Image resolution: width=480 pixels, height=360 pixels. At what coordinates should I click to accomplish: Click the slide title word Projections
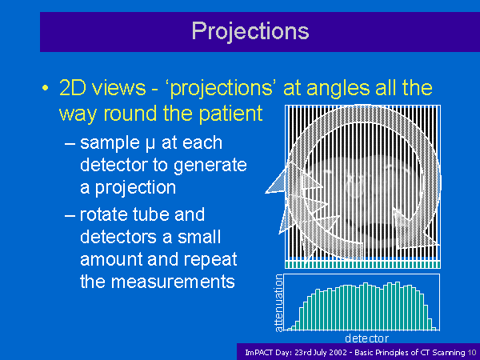click(x=250, y=31)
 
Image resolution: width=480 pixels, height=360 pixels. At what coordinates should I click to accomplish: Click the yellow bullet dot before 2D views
click(x=46, y=88)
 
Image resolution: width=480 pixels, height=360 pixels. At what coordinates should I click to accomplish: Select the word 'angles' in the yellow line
click(x=338, y=90)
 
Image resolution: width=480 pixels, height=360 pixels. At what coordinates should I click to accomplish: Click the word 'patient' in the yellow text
click(x=231, y=114)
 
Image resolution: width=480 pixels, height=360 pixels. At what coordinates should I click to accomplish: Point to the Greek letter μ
click(x=150, y=144)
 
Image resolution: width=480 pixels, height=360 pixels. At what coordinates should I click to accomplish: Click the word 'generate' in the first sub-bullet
click(x=210, y=165)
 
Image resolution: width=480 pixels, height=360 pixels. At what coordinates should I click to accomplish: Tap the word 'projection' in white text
click(x=135, y=188)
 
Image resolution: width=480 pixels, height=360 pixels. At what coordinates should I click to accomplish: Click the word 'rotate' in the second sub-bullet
click(x=103, y=214)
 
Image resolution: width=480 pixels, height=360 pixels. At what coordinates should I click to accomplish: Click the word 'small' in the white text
click(x=199, y=237)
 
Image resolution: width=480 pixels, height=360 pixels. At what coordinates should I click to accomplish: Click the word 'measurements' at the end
click(x=173, y=282)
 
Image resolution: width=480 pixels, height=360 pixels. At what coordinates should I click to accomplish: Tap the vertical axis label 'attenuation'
click(x=278, y=303)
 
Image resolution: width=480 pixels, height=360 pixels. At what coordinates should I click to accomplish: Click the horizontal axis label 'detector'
click(x=366, y=338)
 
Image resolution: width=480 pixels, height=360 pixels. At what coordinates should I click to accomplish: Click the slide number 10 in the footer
click(x=472, y=352)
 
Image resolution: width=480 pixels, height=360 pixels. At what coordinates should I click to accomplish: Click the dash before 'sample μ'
click(x=70, y=144)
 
